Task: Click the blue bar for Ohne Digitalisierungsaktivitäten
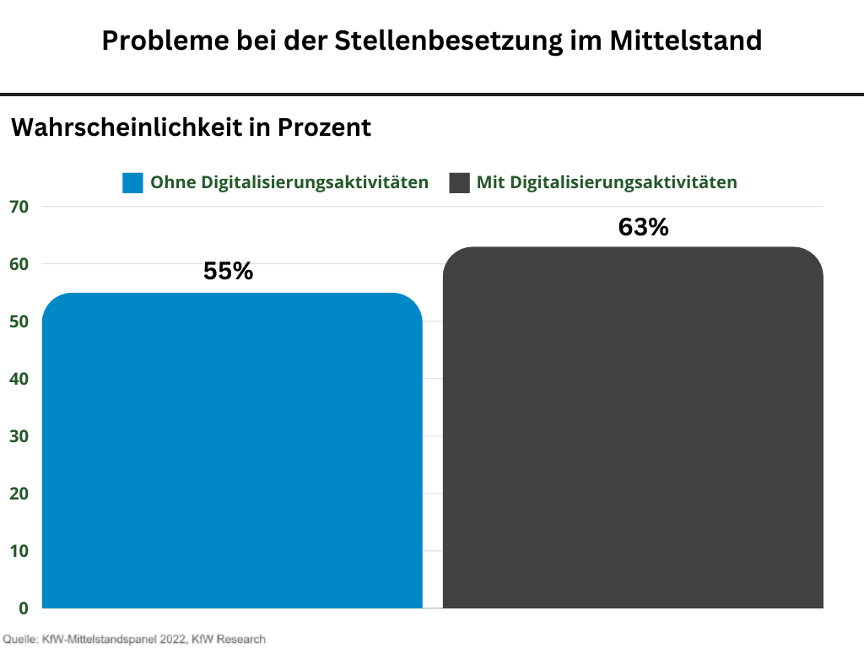pyautogui.click(x=232, y=451)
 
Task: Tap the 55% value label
pyautogui.click(x=229, y=272)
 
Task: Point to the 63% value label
pyautogui.click(x=643, y=227)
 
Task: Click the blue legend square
pyautogui.click(x=132, y=182)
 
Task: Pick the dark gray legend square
pyautogui.click(x=459, y=182)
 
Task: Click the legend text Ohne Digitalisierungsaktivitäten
pyautogui.click(x=289, y=182)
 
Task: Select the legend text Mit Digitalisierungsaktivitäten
pyautogui.click(x=607, y=182)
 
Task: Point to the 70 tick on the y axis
pyautogui.click(x=19, y=207)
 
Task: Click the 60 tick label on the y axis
pyautogui.click(x=19, y=264)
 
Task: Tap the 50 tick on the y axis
pyautogui.click(x=19, y=321)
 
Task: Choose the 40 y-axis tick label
pyautogui.click(x=19, y=379)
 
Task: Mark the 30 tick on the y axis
pyautogui.click(x=19, y=436)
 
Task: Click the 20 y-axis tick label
pyautogui.click(x=19, y=494)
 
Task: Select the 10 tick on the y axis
pyautogui.click(x=19, y=551)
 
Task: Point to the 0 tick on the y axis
pyautogui.click(x=24, y=607)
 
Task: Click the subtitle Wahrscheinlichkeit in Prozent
pyautogui.click(x=191, y=127)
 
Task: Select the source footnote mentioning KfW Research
pyautogui.click(x=134, y=639)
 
